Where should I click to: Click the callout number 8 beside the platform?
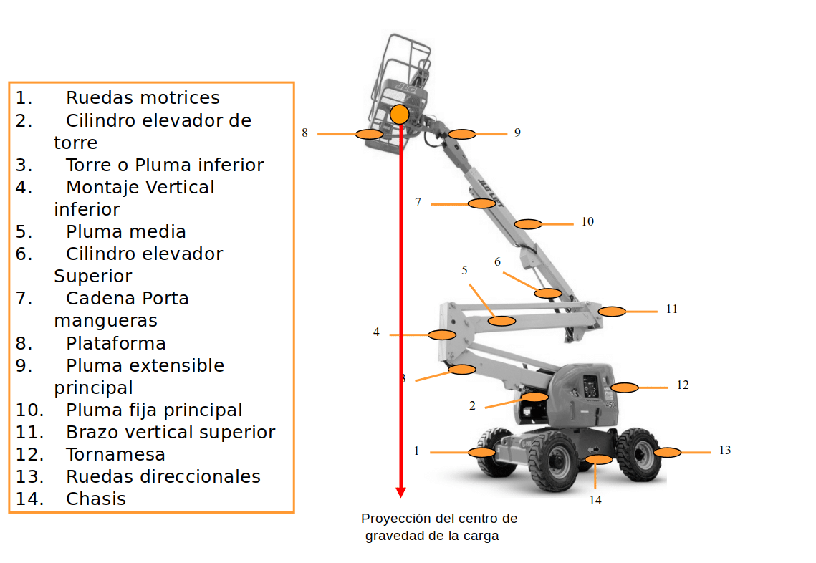pos(304,133)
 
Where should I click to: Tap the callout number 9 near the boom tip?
pos(517,133)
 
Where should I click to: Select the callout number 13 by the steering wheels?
pos(725,450)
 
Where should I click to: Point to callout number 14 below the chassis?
pos(595,500)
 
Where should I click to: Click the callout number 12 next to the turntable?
pos(683,385)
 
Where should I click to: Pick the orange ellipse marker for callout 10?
pos(529,224)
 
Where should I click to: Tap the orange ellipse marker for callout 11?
pos(612,311)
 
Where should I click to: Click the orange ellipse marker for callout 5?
pos(501,320)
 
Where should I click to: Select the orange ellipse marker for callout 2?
pos(534,397)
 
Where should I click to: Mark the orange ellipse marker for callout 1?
pos(481,452)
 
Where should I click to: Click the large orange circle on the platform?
pos(400,114)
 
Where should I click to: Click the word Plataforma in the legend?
pos(115,343)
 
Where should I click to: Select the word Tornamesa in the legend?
pos(115,454)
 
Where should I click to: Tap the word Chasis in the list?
pos(96,499)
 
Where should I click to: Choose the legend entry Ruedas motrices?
pos(143,97)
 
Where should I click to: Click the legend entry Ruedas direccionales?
pos(163,476)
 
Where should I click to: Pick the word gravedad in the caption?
pos(395,536)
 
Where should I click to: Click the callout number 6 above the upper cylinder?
pos(498,261)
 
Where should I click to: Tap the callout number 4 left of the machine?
pos(376,332)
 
